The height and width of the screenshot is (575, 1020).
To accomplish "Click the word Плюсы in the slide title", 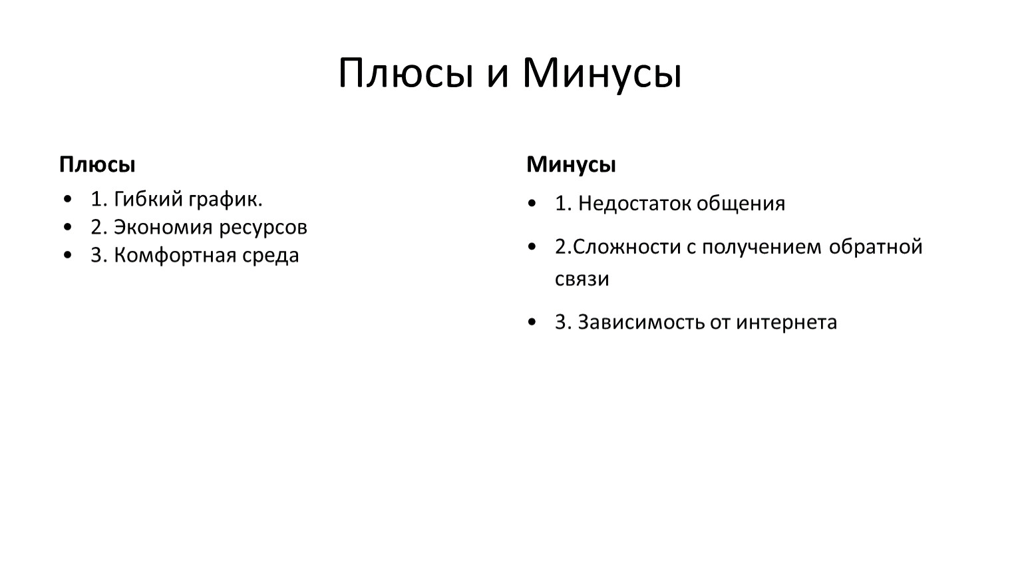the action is (x=406, y=73).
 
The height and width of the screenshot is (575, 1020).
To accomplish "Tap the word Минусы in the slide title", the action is (x=601, y=75).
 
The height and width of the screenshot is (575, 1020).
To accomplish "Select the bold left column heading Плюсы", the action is (x=97, y=164).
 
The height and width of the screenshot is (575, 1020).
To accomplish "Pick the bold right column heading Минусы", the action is (x=571, y=165).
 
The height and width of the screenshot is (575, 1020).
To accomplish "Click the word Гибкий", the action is (x=148, y=199).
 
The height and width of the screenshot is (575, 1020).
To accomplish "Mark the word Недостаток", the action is (x=633, y=203).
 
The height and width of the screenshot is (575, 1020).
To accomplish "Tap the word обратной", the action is (x=875, y=247).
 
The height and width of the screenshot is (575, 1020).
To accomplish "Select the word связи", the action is (x=582, y=280).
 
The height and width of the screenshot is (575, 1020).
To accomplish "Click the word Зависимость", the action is (x=641, y=322).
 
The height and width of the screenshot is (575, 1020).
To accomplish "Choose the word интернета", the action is (x=786, y=323).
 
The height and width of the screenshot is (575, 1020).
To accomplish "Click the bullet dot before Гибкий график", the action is (x=68, y=199).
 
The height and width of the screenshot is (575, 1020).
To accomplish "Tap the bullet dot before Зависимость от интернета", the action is (x=532, y=322).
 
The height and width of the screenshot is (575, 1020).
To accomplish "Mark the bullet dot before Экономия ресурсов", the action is (x=68, y=227).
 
